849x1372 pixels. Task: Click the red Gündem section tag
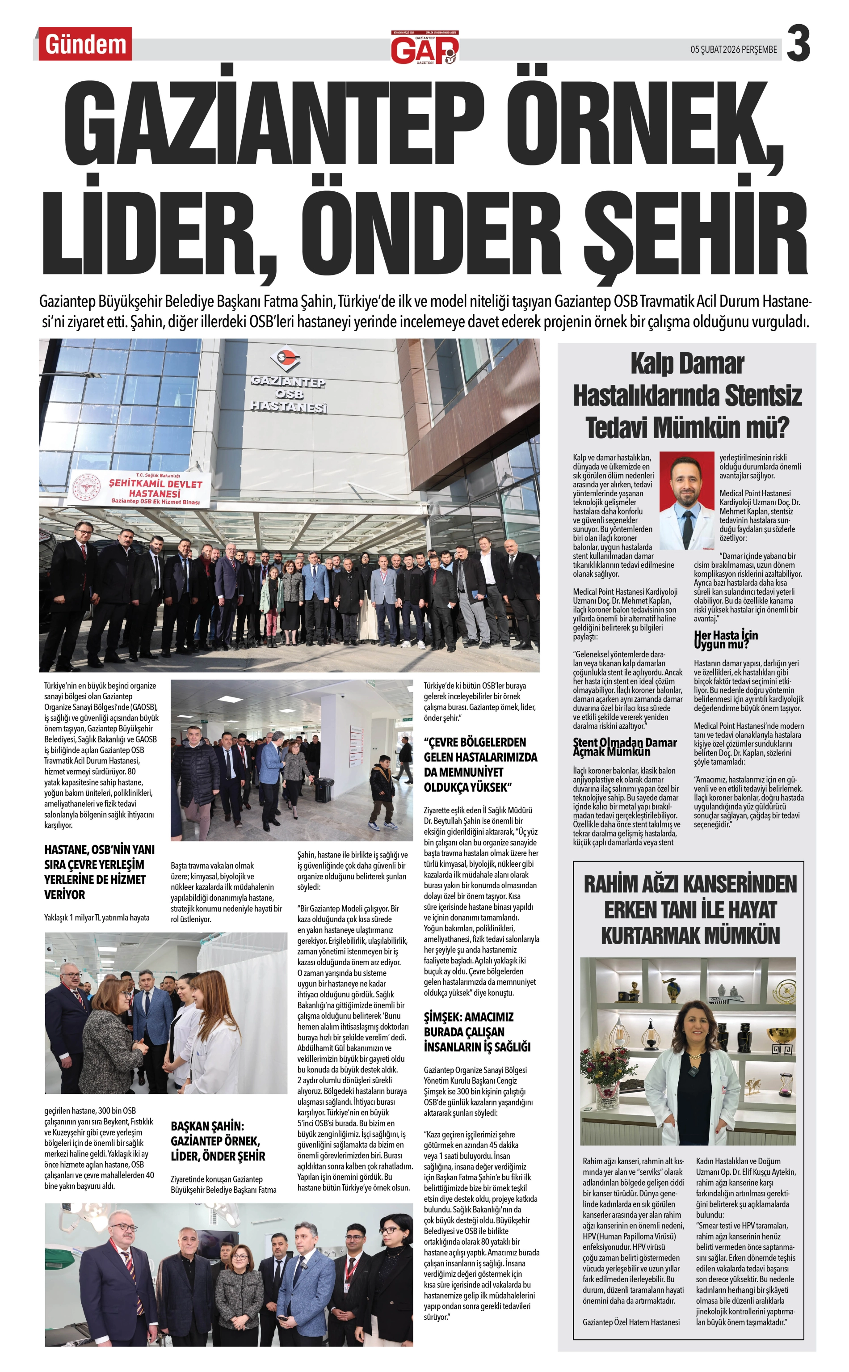(85, 44)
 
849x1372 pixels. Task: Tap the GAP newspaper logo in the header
(424, 48)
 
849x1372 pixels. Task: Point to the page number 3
(798, 44)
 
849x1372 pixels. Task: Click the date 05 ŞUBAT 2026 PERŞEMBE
(733, 50)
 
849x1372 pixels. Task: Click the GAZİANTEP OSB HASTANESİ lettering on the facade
(288, 394)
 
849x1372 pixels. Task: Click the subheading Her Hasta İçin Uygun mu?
(726, 639)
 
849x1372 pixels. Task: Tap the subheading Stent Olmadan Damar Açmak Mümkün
(624, 747)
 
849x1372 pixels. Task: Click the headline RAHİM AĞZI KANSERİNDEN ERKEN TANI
(690, 909)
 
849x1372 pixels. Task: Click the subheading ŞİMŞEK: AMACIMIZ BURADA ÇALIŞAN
(476, 1032)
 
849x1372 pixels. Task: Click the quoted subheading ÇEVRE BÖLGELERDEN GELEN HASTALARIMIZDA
(480, 764)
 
